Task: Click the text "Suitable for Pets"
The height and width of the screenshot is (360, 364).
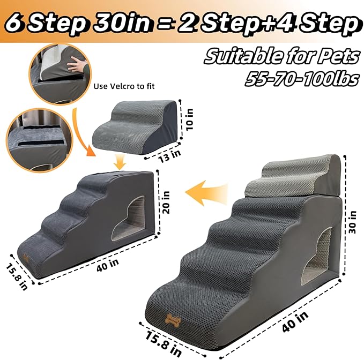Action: pyautogui.click(x=280, y=55)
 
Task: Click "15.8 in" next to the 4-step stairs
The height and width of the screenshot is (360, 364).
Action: pyautogui.click(x=16, y=277)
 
